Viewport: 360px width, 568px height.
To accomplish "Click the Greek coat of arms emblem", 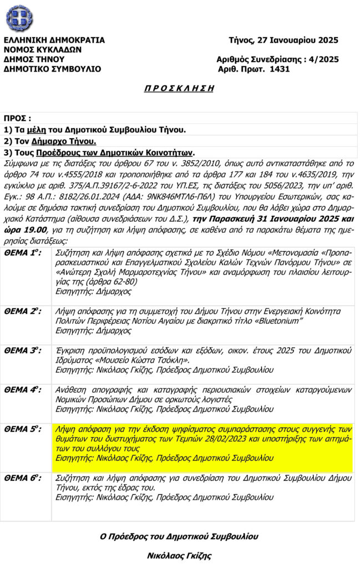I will point(19,18).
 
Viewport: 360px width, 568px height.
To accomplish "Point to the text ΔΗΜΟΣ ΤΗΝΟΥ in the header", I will point(34,59).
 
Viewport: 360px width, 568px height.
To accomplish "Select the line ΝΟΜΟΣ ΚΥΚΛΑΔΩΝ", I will point(43,49).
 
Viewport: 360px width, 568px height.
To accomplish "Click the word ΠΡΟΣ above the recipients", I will point(16,119).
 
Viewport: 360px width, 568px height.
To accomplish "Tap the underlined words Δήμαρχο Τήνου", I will point(64,141).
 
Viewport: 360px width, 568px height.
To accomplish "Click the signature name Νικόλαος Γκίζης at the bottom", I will point(179,555).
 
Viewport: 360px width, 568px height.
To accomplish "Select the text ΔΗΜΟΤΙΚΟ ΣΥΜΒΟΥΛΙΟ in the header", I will point(52,69).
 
